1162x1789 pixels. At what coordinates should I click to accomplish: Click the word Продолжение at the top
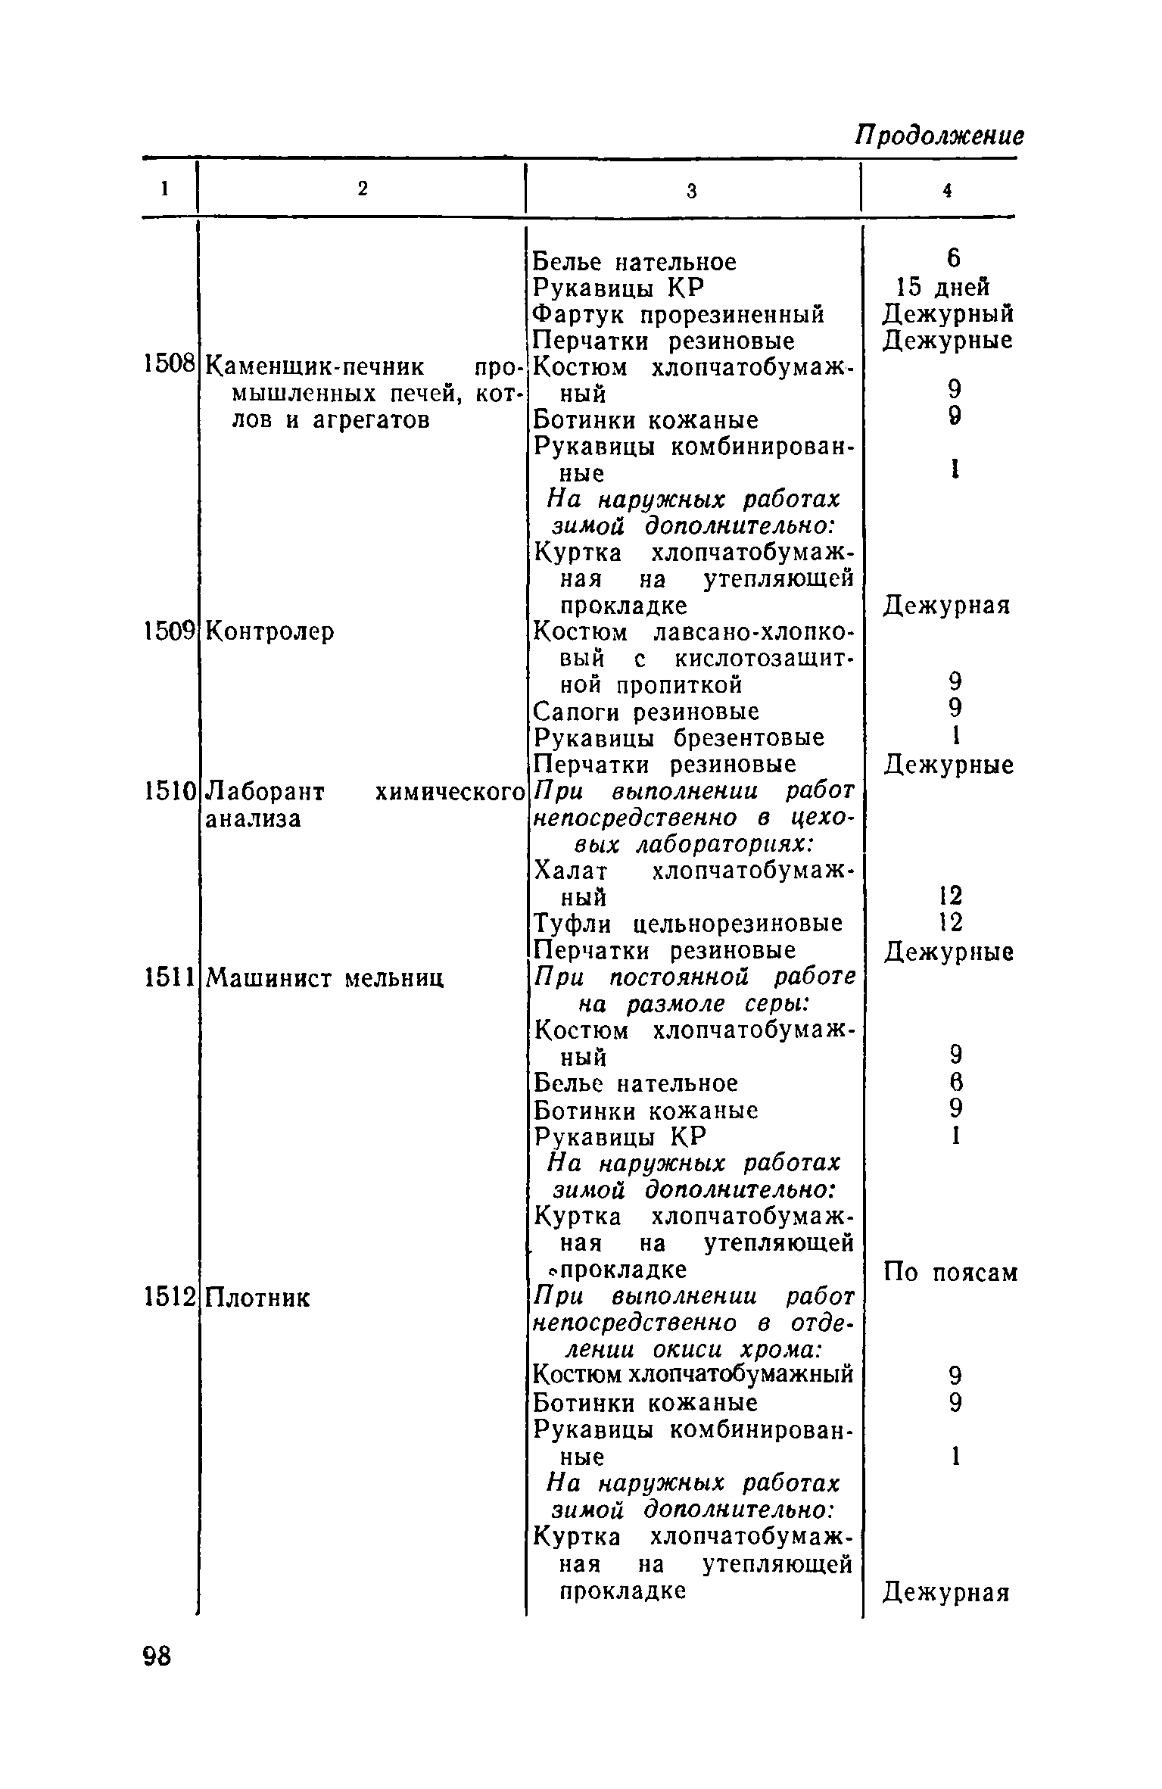pyautogui.click(x=939, y=136)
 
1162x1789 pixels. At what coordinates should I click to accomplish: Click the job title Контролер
pyautogui.click(x=270, y=631)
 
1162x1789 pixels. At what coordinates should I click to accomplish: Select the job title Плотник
pyautogui.click(x=257, y=1298)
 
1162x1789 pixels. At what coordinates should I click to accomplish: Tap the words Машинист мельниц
pyautogui.click(x=325, y=978)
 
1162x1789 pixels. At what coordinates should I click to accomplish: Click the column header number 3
pyautogui.click(x=691, y=192)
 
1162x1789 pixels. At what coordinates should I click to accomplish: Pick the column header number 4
pyautogui.click(x=946, y=192)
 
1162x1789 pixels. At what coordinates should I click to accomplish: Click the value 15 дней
pyautogui.click(x=943, y=288)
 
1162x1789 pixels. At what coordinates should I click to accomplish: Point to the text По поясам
pyautogui.click(x=950, y=1273)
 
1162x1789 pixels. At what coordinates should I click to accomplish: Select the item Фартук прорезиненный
pyautogui.click(x=678, y=313)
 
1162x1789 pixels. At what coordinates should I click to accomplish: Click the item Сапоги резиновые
pyautogui.click(x=646, y=712)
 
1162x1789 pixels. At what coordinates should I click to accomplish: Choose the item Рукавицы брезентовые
pyautogui.click(x=679, y=738)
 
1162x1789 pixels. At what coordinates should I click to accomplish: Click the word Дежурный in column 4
pyautogui.click(x=948, y=313)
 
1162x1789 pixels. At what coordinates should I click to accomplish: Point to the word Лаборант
pyautogui.click(x=266, y=792)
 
